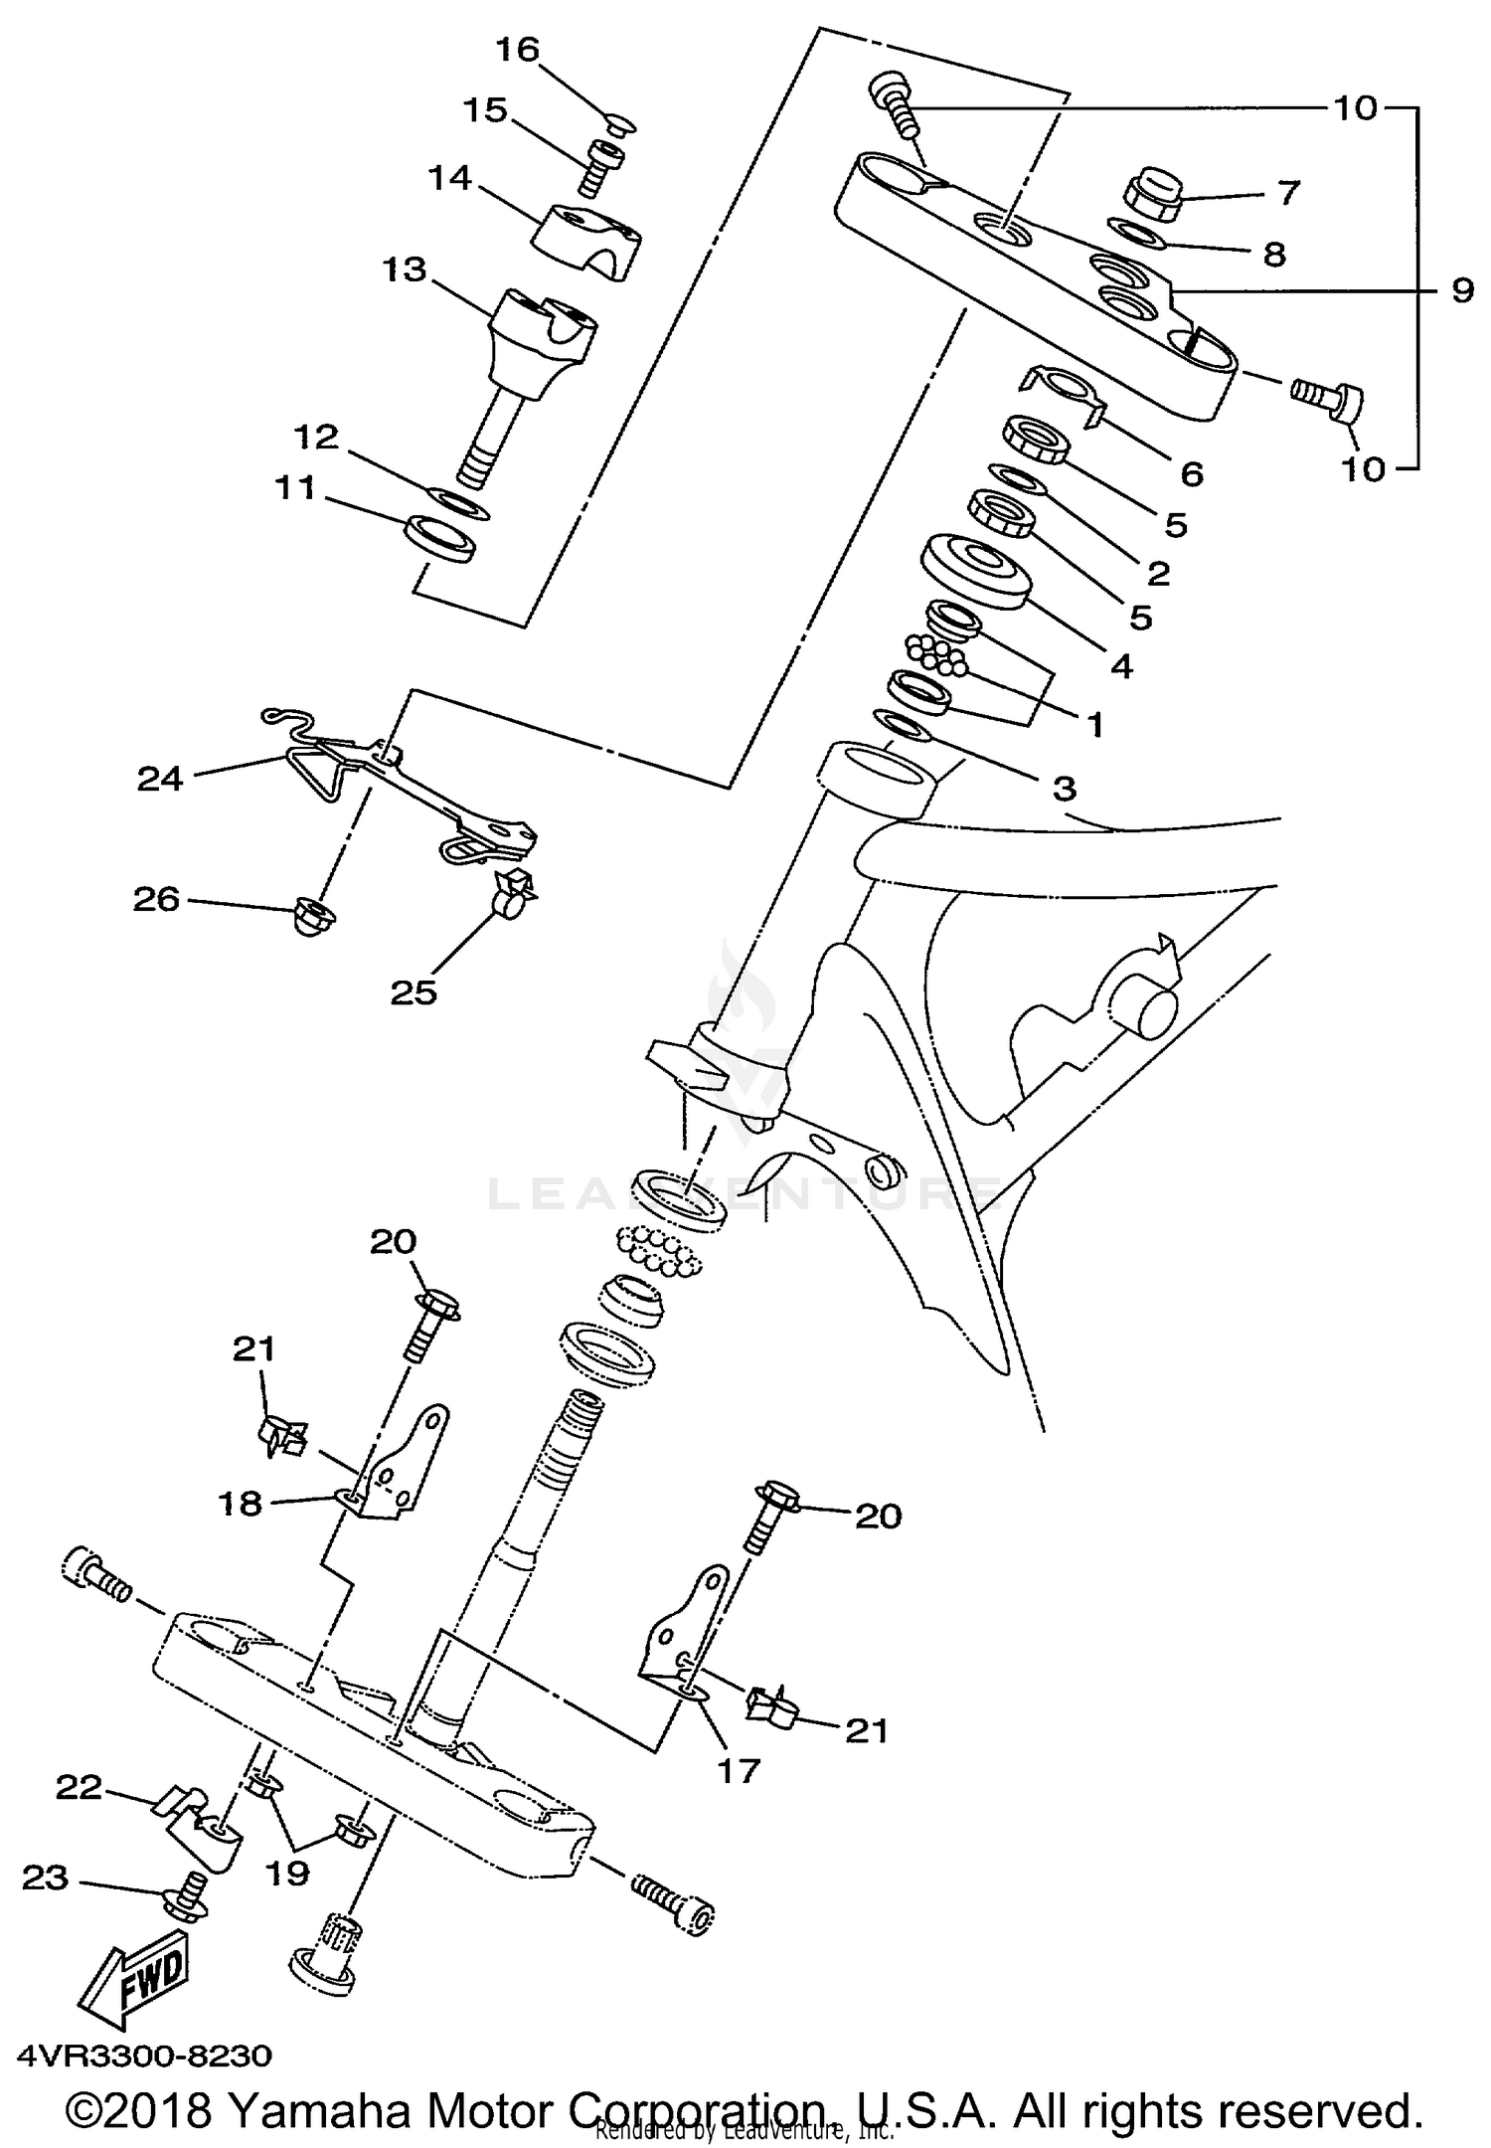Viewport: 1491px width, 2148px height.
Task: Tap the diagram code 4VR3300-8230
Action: click(144, 2054)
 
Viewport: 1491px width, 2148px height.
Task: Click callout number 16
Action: click(517, 50)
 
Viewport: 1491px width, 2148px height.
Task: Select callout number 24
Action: click(160, 779)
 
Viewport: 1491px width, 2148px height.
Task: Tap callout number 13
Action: click(404, 270)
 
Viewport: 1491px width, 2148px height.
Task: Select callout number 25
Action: click(414, 991)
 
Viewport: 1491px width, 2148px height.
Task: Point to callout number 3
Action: click(1064, 789)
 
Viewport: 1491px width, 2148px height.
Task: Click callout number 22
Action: click(80, 1788)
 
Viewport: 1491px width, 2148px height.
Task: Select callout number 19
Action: click(286, 1874)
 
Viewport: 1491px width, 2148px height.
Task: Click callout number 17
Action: click(738, 1769)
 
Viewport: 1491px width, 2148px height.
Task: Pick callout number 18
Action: click(241, 1504)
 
